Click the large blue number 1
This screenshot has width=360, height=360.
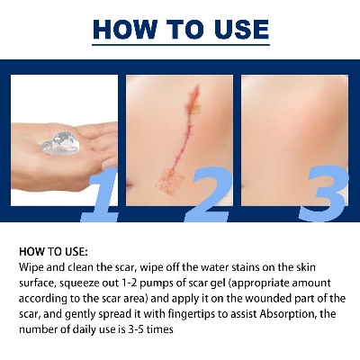click(101, 191)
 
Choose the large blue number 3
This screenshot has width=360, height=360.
click(321, 191)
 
